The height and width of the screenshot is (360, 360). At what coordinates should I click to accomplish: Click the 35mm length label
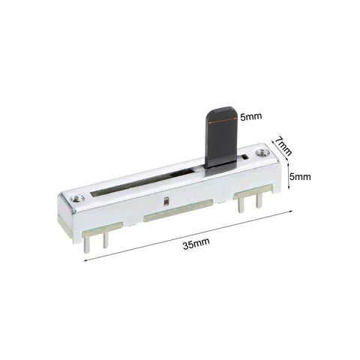(x=196, y=244)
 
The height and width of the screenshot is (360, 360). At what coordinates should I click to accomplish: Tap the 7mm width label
(x=283, y=146)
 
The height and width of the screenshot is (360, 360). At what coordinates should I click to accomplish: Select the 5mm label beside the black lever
(x=251, y=116)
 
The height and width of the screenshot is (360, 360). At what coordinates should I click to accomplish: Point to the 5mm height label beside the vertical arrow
(x=300, y=177)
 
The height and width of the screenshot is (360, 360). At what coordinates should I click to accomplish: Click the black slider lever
(x=221, y=137)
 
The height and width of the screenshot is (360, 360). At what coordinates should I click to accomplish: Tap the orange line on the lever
(x=222, y=121)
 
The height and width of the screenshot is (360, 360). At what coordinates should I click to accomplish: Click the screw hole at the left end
(x=77, y=199)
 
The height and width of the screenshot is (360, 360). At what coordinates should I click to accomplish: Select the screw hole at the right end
(x=262, y=152)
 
